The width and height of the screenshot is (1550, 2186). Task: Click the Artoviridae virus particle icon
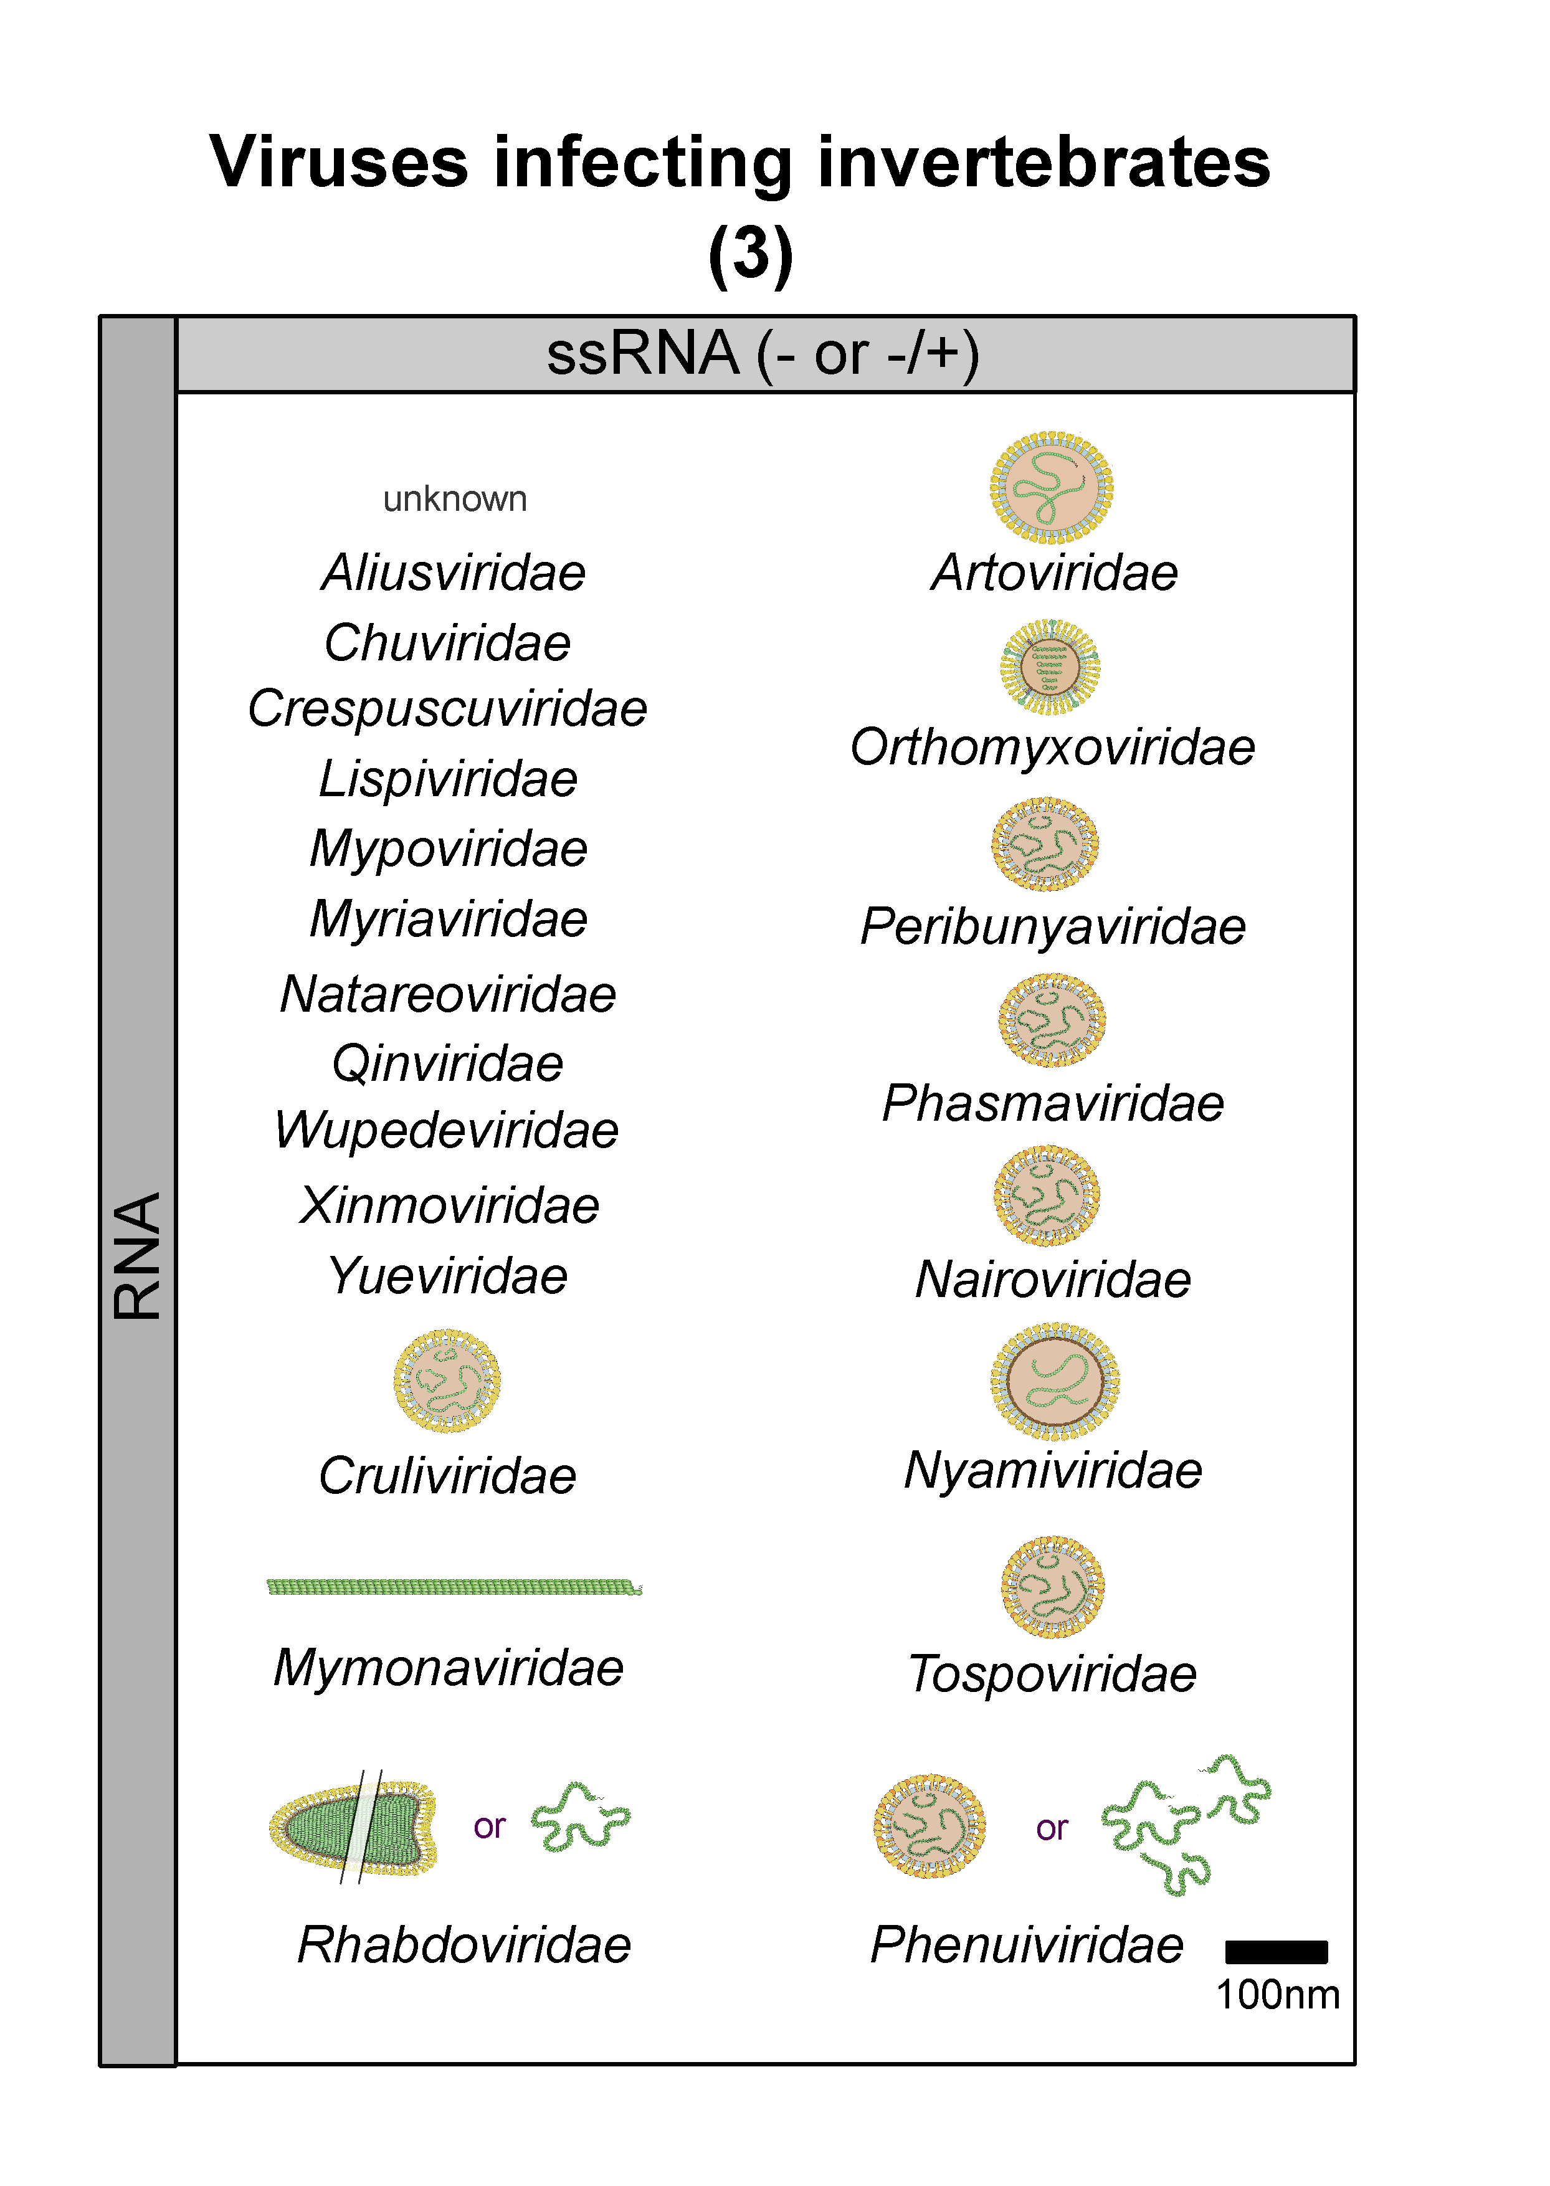pyautogui.click(x=1051, y=488)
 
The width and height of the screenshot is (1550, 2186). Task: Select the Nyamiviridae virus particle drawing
pyautogui.click(x=1055, y=1381)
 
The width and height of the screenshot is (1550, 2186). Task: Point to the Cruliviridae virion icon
pyautogui.click(x=447, y=1381)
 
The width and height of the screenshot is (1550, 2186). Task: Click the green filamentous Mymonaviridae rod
pyautogui.click(x=454, y=1587)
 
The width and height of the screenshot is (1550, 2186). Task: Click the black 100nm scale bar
pyautogui.click(x=1276, y=1952)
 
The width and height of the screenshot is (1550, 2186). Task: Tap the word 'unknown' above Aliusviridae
pyautogui.click(x=454, y=499)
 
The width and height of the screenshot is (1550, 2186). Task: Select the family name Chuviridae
pyautogui.click(x=448, y=642)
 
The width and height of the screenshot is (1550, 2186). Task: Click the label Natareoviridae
pyautogui.click(x=448, y=994)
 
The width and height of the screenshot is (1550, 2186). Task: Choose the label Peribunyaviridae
pyautogui.click(x=1053, y=926)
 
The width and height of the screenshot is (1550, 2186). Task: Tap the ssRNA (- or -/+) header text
pyautogui.click(x=763, y=354)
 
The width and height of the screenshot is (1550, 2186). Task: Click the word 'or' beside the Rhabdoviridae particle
pyautogui.click(x=488, y=1827)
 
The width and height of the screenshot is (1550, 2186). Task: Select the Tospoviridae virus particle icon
pyautogui.click(x=1053, y=1588)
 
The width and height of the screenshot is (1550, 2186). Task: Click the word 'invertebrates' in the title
pyautogui.click(x=1044, y=162)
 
